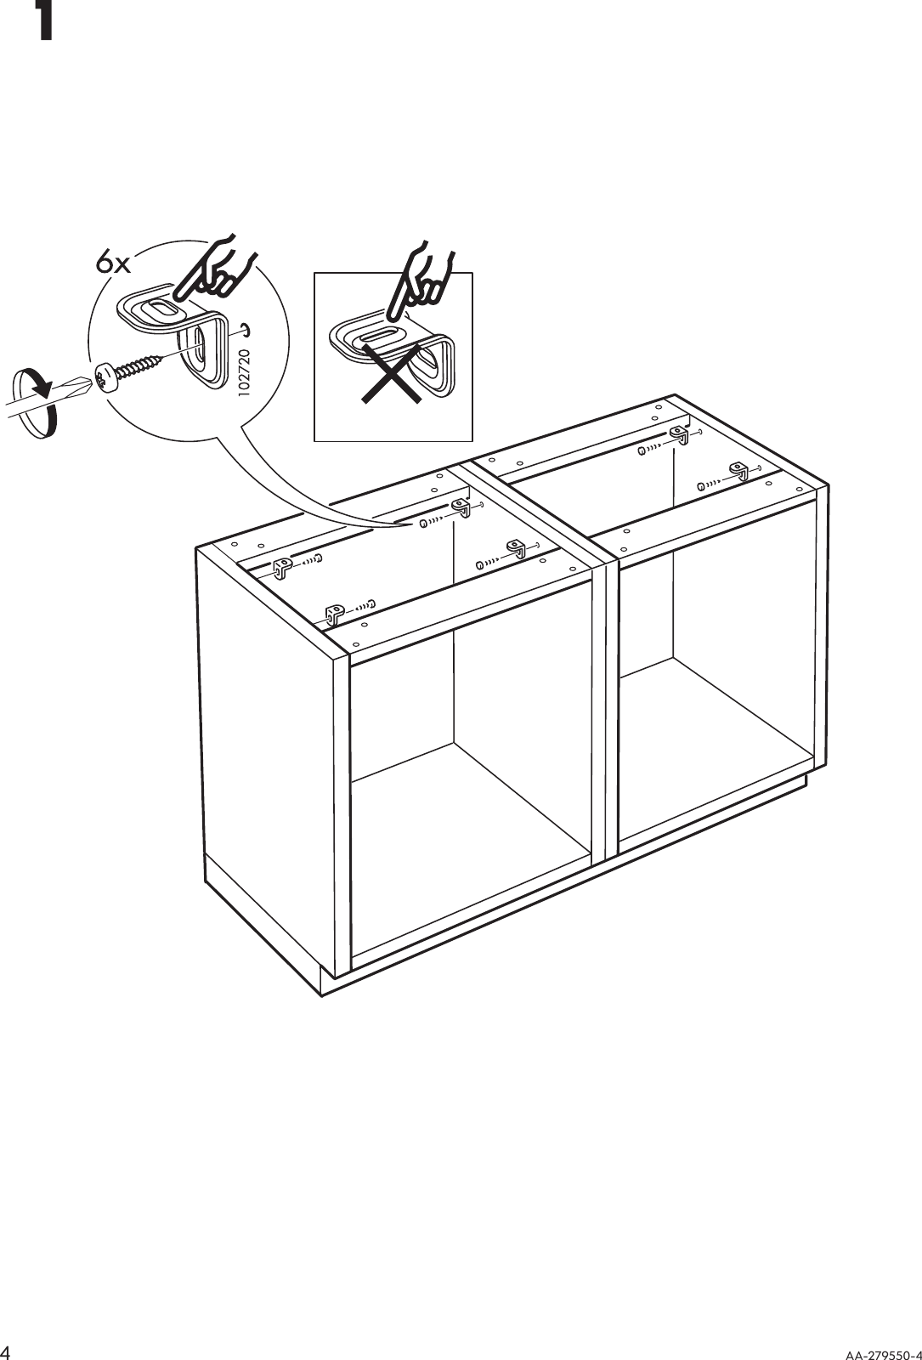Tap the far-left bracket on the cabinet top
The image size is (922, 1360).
[283, 566]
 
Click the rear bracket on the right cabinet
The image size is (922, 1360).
[678, 436]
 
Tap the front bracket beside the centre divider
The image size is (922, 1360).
[516, 548]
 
